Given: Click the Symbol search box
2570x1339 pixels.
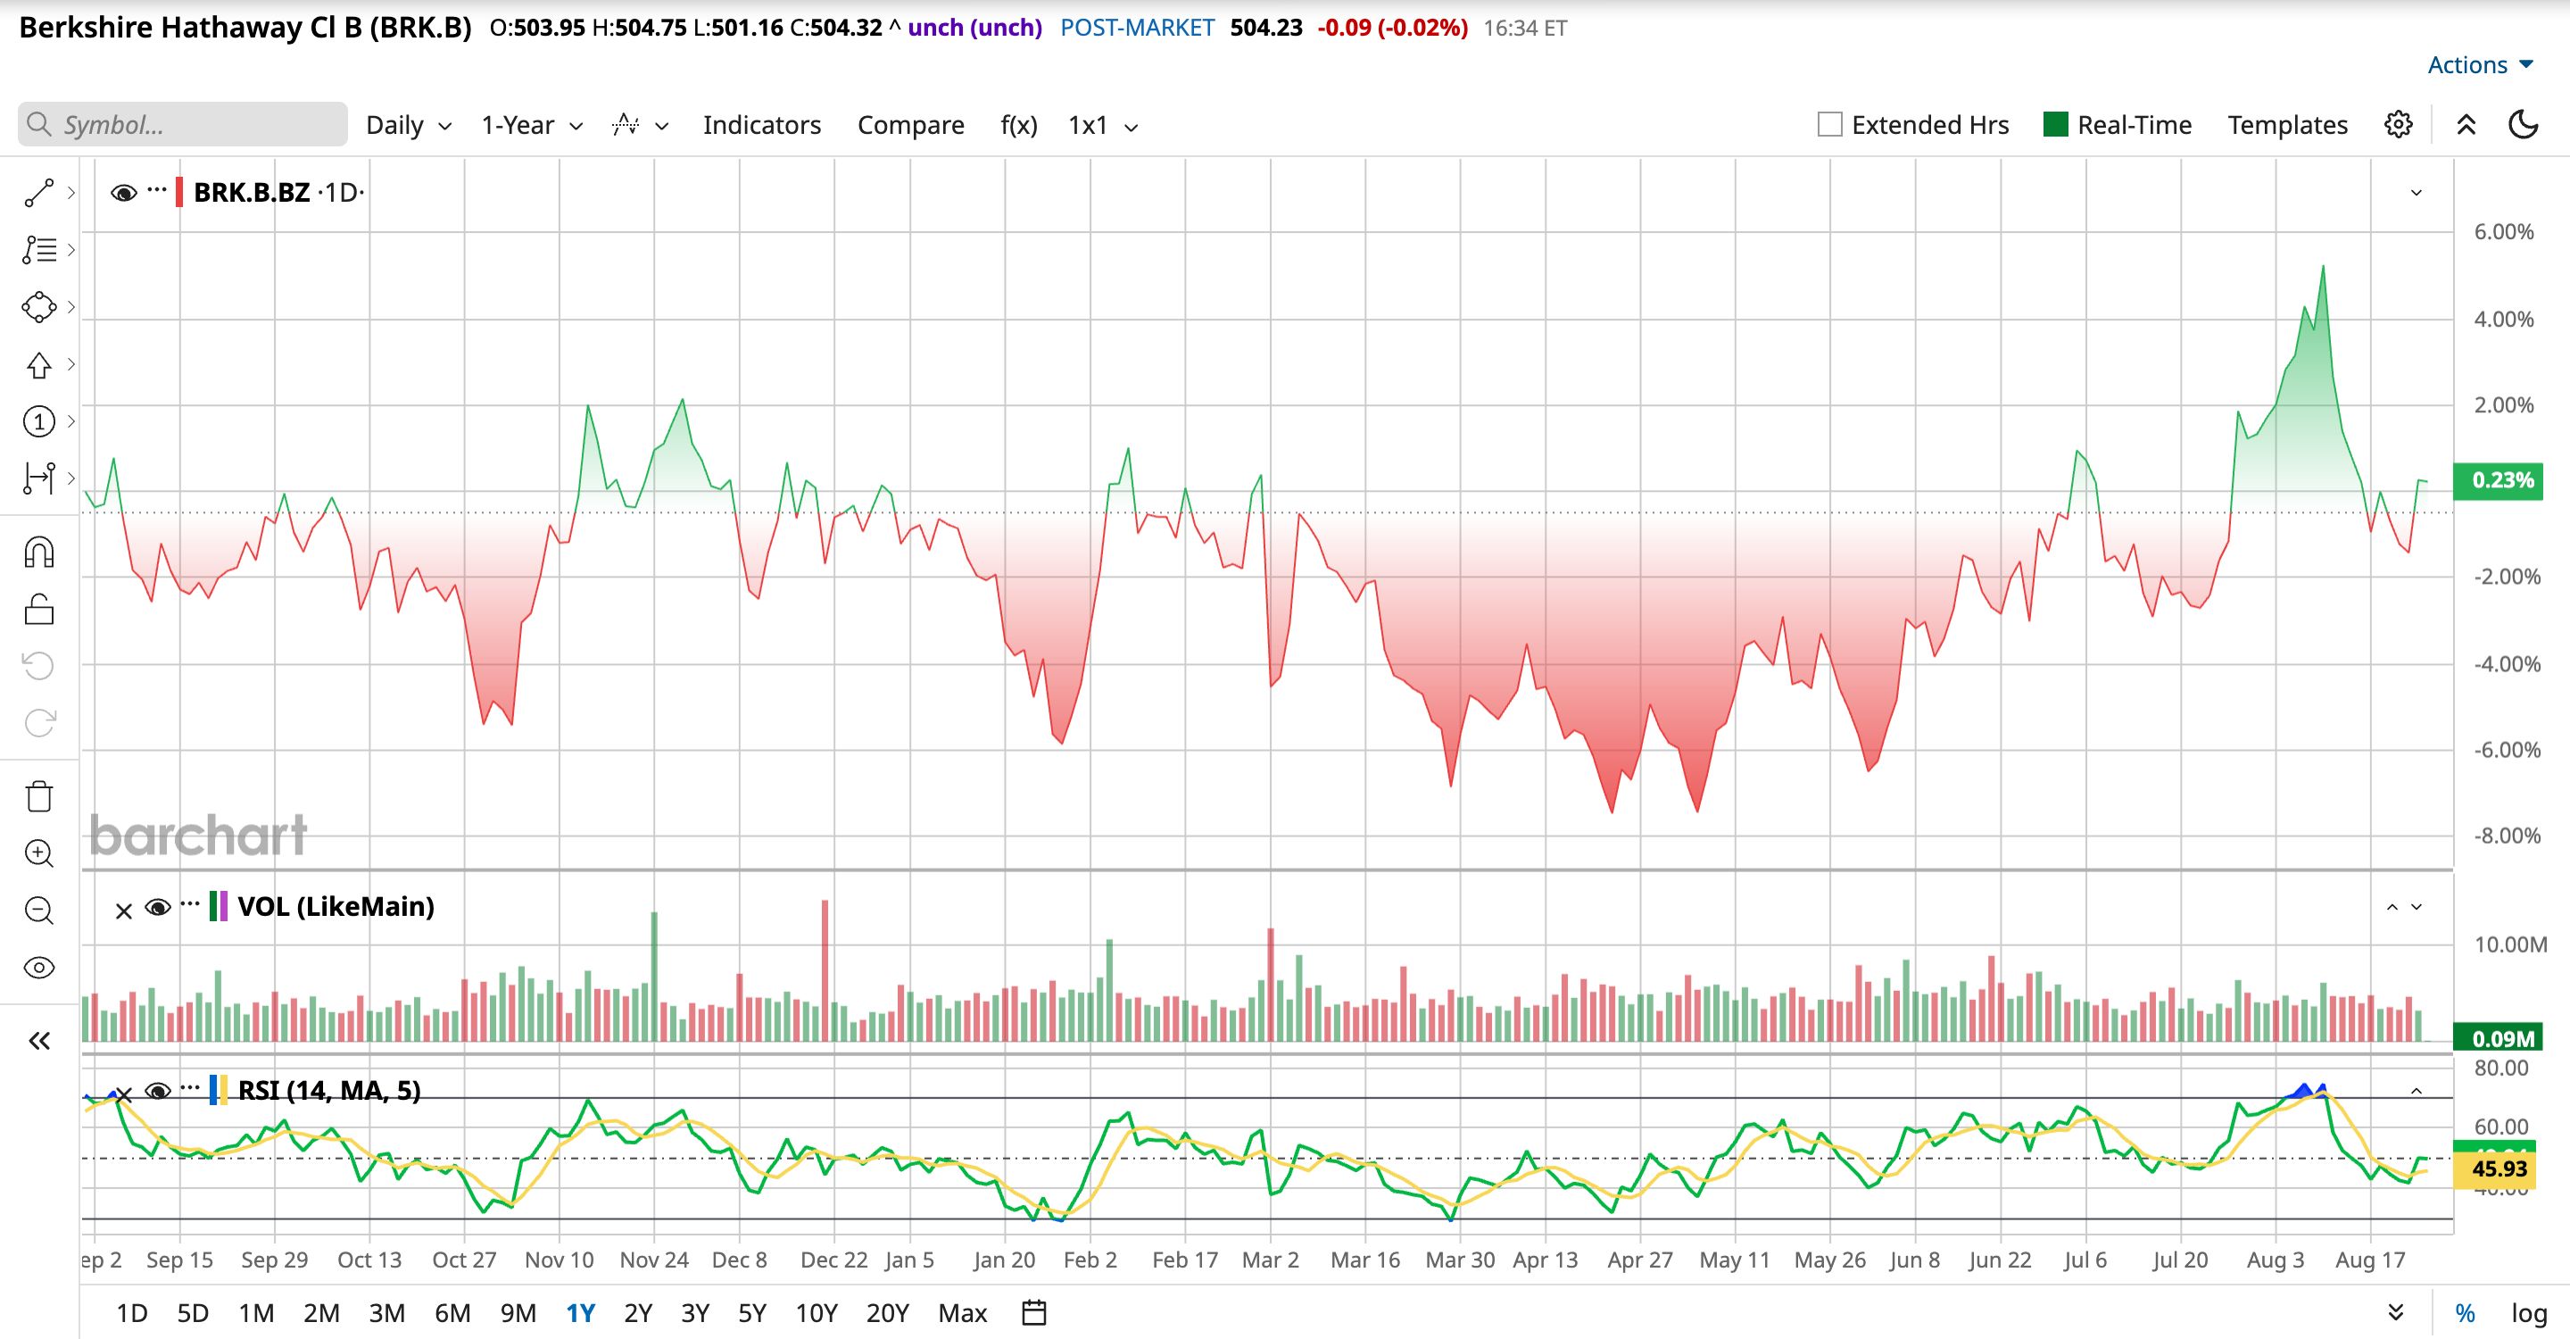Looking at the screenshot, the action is [x=183, y=125].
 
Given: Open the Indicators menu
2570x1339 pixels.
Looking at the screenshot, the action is [x=762, y=125].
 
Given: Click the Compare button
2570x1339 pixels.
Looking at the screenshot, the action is [x=911, y=125].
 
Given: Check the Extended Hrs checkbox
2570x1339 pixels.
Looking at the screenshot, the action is [x=1829, y=125].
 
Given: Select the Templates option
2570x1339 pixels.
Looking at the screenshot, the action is [x=2288, y=125].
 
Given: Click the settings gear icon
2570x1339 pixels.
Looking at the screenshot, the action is [x=2399, y=125].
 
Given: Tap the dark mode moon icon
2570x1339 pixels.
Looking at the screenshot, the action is [x=2523, y=125].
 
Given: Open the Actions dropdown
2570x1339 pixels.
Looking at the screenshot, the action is [x=2480, y=65].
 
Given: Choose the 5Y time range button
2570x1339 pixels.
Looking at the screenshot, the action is [x=752, y=1313].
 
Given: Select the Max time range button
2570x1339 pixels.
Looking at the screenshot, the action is [x=963, y=1313].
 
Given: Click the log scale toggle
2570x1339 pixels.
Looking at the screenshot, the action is [x=2529, y=1313].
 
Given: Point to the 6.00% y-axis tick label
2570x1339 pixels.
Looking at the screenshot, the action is [x=2503, y=232].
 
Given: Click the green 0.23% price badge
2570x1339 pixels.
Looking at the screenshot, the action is [x=2503, y=480].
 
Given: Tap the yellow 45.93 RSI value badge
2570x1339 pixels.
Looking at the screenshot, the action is [x=2500, y=1169].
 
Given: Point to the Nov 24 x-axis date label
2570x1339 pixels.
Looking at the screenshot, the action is [x=653, y=1260].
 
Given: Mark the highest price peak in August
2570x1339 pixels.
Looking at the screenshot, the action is [x=2324, y=266].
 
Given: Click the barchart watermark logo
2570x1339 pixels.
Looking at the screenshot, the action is [x=198, y=836].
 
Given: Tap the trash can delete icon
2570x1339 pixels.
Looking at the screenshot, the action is [x=39, y=796].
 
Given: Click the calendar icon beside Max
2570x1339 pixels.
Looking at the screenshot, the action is [x=1034, y=1313].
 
